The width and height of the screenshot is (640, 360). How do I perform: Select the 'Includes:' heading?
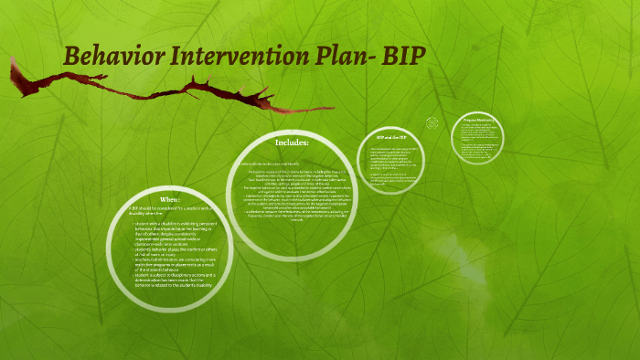click(292, 143)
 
